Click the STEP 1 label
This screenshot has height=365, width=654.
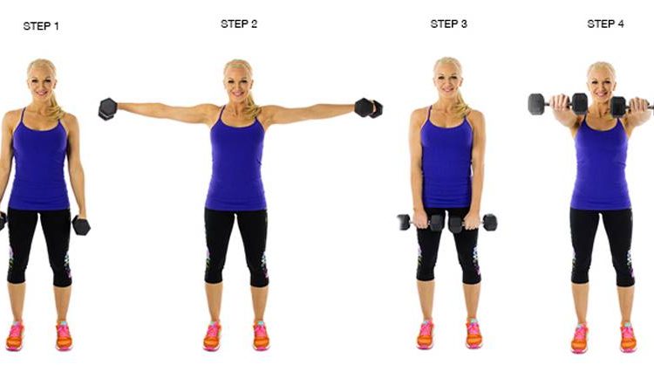[x=41, y=26]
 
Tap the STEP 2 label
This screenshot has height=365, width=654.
[x=239, y=24]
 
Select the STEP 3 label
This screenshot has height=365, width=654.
[x=449, y=24]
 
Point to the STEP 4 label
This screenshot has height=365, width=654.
[x=606, y=24]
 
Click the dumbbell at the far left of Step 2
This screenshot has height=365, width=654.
[x=107, y=109]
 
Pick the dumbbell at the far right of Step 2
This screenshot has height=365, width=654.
[x=368, y=108]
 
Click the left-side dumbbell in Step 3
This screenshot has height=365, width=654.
[x=420, y=223]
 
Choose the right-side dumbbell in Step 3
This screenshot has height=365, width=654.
[x=473, y=223]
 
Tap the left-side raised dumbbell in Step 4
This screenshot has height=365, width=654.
[x=558, y=104]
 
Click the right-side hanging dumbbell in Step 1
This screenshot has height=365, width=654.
[x=81, y=225]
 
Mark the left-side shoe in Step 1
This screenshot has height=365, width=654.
[x=15, y=336]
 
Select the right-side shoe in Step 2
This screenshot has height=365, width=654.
[x=261, y=335]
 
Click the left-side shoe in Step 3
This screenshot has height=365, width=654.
[x=426, y=334]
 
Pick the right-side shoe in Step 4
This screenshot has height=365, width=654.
[x=628, y=337]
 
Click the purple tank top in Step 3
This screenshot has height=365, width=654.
[x=446, y=160]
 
